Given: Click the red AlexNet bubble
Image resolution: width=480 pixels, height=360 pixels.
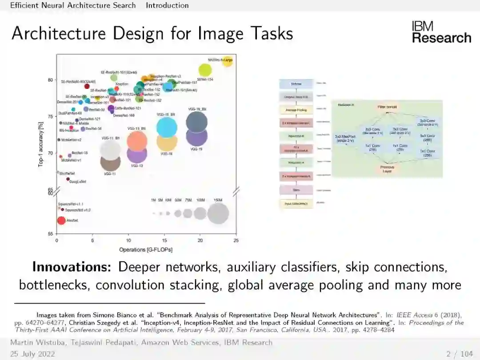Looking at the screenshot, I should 61,220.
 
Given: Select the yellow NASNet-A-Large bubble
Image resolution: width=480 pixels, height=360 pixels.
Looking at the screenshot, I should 228,61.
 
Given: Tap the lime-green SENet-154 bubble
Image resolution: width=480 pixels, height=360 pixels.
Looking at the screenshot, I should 205,70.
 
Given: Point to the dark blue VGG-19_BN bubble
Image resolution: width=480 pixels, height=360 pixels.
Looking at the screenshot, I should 197,121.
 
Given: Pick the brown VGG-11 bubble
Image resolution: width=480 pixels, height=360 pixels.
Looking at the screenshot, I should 110,162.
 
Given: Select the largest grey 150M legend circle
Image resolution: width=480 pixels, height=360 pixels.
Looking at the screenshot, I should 218,213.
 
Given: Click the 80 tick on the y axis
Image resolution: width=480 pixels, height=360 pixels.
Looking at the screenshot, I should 51,80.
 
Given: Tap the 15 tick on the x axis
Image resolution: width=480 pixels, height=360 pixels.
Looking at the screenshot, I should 164,240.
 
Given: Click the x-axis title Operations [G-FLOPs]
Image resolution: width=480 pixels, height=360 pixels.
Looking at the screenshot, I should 146,250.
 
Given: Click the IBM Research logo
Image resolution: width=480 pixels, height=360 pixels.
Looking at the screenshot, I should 441,32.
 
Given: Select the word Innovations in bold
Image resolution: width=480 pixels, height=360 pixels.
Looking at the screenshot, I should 72,267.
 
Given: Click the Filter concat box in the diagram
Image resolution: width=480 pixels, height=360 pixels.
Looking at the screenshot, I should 387,107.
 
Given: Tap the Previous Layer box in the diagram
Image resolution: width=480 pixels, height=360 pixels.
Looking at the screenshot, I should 387,169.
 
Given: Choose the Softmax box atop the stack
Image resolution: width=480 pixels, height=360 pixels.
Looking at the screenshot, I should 296,84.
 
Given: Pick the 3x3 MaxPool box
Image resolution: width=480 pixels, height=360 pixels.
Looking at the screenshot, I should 345,138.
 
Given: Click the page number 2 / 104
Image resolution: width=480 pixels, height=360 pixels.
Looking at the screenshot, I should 460,354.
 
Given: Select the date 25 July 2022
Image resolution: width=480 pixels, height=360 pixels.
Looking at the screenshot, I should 32,354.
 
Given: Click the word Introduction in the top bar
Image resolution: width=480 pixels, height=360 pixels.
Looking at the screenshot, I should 167,5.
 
